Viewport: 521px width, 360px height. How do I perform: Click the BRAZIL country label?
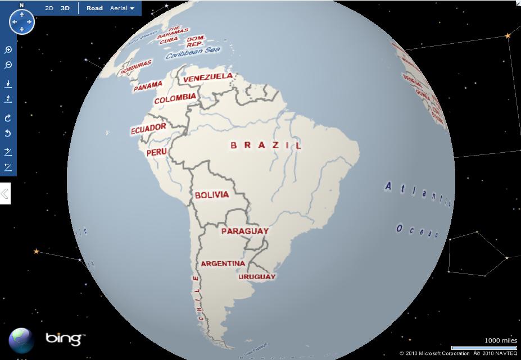[266, 145]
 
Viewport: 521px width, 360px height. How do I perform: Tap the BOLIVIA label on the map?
[212, 195]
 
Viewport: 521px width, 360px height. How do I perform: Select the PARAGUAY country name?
[244, 231]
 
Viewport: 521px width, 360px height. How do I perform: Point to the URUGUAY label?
[257, 276]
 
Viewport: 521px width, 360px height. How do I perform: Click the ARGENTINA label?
[223, 263]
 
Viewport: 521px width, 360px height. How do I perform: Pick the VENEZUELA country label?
[208, 76]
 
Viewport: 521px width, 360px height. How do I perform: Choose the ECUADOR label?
[148, 129]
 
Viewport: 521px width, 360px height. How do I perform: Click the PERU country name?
[156, 152]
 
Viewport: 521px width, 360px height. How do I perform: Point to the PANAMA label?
[148, 86]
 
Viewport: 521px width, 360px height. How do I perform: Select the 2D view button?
[49, 8]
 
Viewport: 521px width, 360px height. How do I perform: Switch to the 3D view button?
[65, 8]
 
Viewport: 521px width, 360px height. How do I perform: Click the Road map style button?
[94, 8]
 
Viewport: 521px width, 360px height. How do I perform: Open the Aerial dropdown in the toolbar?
[122, 8]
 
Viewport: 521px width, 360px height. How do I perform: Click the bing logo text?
[65, 338]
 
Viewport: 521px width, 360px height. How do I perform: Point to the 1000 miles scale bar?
[484, 348]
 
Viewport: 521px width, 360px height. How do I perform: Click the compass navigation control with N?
[22, 21]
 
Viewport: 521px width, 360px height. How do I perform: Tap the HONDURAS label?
[136, 66]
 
